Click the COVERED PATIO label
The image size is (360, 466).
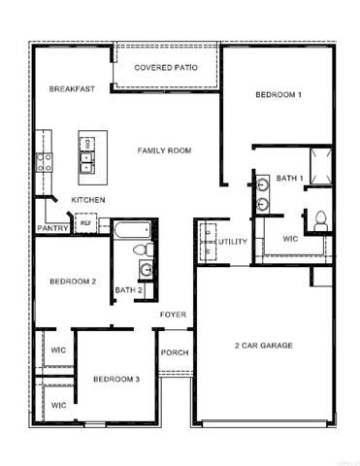[166, 67]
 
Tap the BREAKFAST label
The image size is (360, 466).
[72, 89]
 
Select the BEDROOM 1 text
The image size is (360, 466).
[278, 94]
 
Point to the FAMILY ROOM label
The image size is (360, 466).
[164, 150]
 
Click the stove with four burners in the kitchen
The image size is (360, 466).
[45, 161]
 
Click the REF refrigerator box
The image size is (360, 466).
[85, 223]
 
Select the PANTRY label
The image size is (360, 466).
[52, 228]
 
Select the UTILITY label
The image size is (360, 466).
[232, 241]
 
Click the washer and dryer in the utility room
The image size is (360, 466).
[206, 242]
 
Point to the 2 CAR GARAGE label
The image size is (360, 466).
[263, 346]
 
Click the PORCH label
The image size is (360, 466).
[175, 352]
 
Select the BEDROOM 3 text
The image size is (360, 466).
[116, 378]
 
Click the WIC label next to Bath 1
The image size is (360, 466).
[290, 238]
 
